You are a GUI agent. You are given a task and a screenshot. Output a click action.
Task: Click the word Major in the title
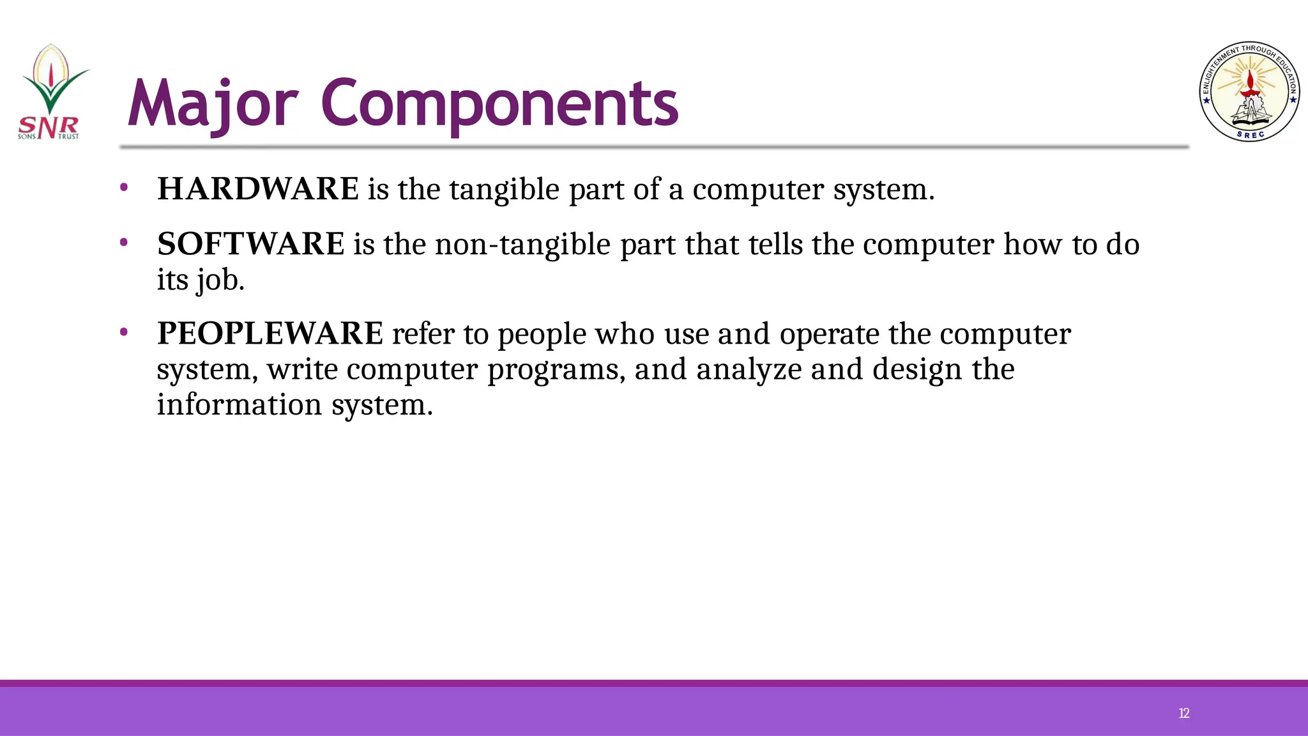pos(213,104)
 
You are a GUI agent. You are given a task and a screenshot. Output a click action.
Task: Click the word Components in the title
pos(499,104)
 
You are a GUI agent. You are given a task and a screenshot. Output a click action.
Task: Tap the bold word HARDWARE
pos(258,189)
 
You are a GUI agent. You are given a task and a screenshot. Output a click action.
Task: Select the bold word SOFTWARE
pos(251,244)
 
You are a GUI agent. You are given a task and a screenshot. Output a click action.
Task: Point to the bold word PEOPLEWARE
pos(270,333)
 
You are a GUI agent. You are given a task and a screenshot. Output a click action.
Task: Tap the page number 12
pos(1183,714)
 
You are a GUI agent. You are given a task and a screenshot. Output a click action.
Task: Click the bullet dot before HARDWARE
pos(124,188)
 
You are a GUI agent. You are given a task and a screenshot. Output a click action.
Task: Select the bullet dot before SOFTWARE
pos(124,243)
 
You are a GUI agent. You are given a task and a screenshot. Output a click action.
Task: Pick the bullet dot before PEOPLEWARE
pos(124,332)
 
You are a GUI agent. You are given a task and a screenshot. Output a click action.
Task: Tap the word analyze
pos(749,370)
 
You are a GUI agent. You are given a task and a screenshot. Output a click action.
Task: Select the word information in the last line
pos(240,405)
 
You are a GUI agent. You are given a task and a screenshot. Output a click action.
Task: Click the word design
pos(917,370)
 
